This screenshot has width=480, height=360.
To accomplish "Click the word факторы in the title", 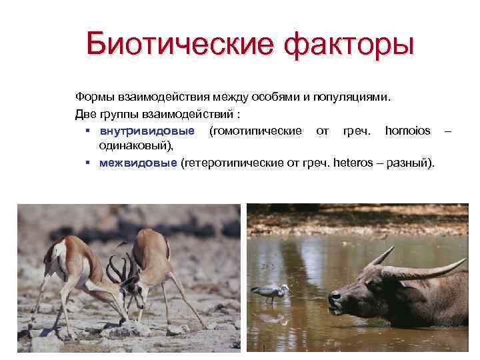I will coord(348,45).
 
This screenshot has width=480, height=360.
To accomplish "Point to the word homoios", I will coord(408,129).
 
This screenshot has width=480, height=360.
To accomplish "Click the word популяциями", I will coord(353,97).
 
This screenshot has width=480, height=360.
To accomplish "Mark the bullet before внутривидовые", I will coord(89,130).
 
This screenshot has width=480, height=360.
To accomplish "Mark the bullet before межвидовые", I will coord(89,162).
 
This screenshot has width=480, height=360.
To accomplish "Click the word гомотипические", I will coord(255,129).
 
